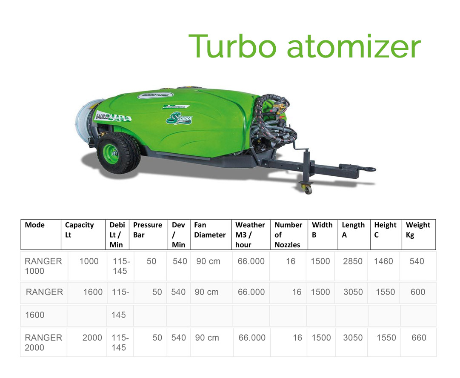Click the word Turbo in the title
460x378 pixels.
tap(232, 46)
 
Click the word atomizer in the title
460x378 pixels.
tap(354, 47)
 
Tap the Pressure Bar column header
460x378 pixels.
tap(148, 230)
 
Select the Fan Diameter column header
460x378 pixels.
tap(210, 230)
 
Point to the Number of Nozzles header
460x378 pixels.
tap(288, 235)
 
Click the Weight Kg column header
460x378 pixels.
tap(418, 230)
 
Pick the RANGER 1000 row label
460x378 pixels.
tap(43, 266)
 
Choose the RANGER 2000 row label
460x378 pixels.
tap(43, 342)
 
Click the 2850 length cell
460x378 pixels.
tap(353, 261)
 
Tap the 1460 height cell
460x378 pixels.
tap(383, 261)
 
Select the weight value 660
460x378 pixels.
tap(419, 338)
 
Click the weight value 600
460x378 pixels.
tap(418, 292)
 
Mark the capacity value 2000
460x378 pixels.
tap(92, 338)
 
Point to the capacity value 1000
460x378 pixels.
tap(89, 261)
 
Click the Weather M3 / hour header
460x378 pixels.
tap(250, 235)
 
